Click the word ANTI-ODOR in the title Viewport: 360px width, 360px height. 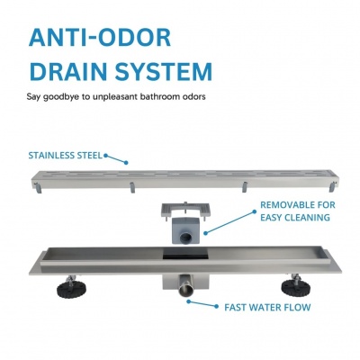(x=100, y=38)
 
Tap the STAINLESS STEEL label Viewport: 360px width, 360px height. (x=66, y=156)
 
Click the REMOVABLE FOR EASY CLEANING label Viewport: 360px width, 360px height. (x=298, y=211)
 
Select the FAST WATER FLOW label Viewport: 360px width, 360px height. (x=267, y=308)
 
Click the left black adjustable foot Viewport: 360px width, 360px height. (x=71, y=288)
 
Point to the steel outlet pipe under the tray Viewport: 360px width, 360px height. (x=186, y=286)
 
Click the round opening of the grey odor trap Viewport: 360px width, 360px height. (x=185, y=238)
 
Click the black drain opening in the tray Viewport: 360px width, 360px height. (x=185, y=256)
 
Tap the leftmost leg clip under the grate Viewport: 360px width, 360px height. (x=38, y=188)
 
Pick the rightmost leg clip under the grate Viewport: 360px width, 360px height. (x=332, y=187)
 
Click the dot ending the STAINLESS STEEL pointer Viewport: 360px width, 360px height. (x=126, y=163)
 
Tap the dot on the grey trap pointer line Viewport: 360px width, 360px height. (x=206, y=233)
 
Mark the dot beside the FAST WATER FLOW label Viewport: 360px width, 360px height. (x=216, y=306)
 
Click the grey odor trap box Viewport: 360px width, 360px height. (x=186, y=230)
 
